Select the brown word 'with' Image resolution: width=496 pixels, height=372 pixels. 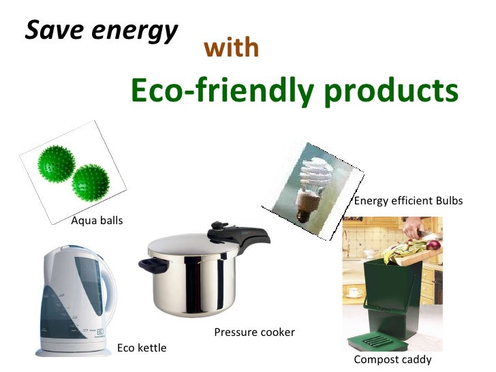click(231, 48)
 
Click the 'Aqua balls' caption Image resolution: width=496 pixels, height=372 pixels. click(97, 221)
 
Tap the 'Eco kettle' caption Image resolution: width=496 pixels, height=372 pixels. click(142, 348)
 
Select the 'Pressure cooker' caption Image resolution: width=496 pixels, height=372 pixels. click(254, 332)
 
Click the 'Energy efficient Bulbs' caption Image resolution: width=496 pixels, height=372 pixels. click(408, 201)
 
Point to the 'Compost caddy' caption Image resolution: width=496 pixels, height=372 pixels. click(392, 360)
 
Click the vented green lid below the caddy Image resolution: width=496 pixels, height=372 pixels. click(392, 339)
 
